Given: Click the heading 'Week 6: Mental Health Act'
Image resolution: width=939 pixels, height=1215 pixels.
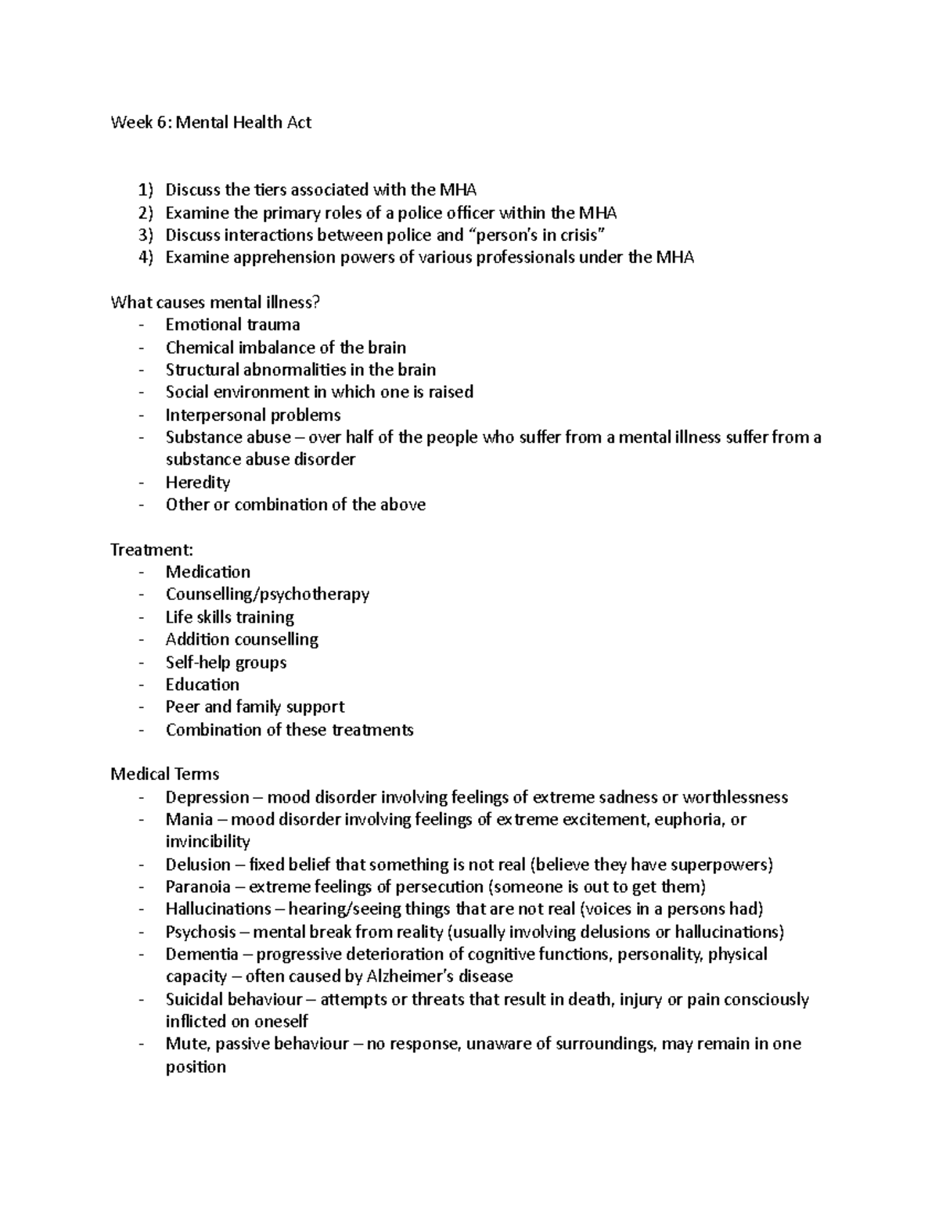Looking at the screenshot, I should pyautogui.click(x=210, y=122).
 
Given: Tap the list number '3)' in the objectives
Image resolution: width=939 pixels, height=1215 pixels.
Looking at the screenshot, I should pyautogui.click(x=146, y=235).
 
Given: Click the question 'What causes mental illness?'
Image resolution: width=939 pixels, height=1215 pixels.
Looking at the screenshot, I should pyautogui.click(x=215, y=302).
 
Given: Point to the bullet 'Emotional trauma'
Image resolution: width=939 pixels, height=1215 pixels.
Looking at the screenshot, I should pyautogui.click(x=232, y=325).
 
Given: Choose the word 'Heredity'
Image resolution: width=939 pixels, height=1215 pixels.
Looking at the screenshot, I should pyautogui.click(x=197, y=482).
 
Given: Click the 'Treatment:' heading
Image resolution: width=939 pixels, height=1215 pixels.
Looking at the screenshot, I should pyautogui.click(x=151, y=550).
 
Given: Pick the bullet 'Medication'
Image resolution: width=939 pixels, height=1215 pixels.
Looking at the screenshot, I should pyautogui.click(x=207, y=572).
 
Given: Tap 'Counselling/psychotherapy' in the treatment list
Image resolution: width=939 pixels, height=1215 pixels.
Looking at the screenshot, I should pyautogui.click(x=267, y=595).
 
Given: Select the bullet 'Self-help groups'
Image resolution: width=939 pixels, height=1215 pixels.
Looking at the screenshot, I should pyautogui.click(x=225, y=662).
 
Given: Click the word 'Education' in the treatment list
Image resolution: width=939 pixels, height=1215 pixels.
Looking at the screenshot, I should pyautogui.click(x=202, y=685).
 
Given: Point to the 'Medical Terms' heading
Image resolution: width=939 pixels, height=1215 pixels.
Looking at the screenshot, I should pyautogui.click(x=164, y=775).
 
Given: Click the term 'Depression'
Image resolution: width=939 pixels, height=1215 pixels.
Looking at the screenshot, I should pyautogui.click(x=207, y=797).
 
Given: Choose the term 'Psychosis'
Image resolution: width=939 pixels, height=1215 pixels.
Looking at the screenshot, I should pyautogui.click(x=200, y=932).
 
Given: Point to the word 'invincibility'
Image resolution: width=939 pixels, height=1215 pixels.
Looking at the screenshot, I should pyautogui.click(x=207, y=842).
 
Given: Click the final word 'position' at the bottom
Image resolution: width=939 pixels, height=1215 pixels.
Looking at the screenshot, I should pyautogui.click(x=195, y=1067).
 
